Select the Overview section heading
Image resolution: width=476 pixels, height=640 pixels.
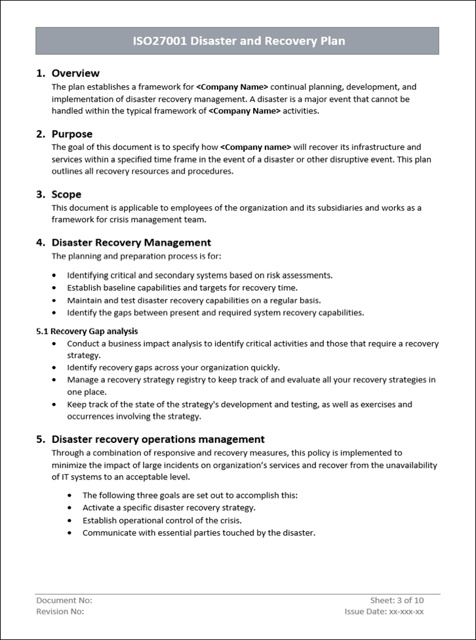[75, 73]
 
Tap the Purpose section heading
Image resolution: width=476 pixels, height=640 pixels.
[72, 134]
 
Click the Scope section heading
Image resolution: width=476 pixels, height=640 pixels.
[66, 195]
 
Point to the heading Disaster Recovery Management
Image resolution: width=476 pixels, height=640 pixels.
[131, 242]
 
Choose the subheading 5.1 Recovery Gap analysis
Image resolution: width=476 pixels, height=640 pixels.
[87, 331]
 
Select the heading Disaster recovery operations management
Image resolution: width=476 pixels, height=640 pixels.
[158, 440]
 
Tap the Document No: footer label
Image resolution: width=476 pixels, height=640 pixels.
[64, 600]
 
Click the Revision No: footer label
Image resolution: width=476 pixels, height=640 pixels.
[60, 612]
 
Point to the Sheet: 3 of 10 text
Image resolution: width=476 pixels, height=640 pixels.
[397, 600]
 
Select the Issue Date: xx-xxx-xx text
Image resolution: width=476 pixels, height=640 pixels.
[384, 612]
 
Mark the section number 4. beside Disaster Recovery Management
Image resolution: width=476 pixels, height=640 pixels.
[41, 242]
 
